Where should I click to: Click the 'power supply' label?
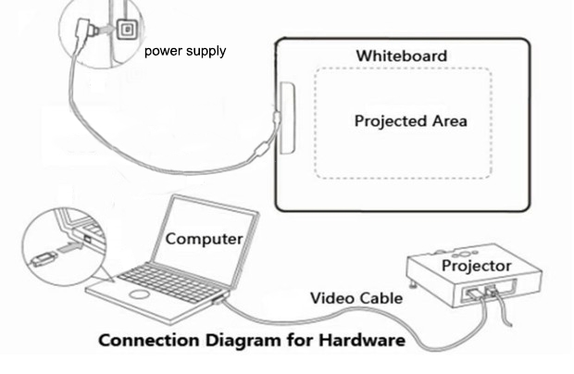(185, 51)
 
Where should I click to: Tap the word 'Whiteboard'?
(401, 56)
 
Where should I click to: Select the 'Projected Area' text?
(411, 121)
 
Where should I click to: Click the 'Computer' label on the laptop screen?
(204, 239)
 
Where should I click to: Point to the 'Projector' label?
(476, 267)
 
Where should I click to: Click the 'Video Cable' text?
(356, 298)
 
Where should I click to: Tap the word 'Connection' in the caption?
(148, 341)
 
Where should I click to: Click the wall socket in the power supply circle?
(122, 31)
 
